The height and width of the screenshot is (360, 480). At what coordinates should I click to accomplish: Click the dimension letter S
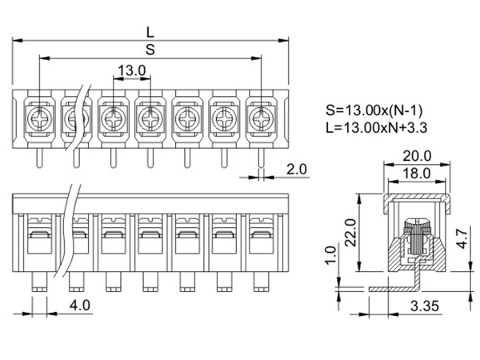(150, 50)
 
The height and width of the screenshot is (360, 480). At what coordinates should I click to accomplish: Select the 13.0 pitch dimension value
(130, 71)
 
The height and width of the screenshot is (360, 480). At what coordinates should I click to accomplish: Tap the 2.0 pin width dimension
(297, 170)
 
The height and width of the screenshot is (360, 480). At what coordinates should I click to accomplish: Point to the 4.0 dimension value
(79, 305)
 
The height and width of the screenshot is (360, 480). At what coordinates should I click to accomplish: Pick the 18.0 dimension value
(416, 172)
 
